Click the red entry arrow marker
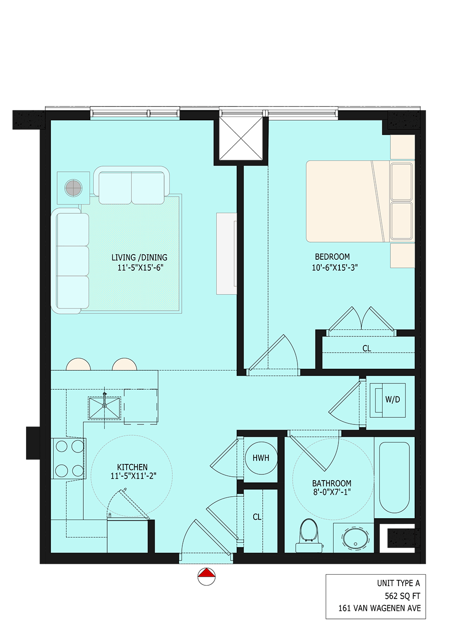pyautogui.click(x=207, y=573)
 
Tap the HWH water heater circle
pyautogui.click(x=261, y=458)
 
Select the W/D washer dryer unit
pyautogui.click(x=388, y=400)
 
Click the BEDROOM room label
pyautogui.click(x=332, y=257)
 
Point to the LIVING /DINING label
pyautogui.click(x=139, y=257)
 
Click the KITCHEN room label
pyautogui.click(x=132, y=467)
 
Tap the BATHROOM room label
pyautogui.click(x=332, y=483)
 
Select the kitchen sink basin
pyautogui.click(x=105, y=408)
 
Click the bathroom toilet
pyautogui.click(x=309, y=535)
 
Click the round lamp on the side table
pyautogui.click(x=74, y=188)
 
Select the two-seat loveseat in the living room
pyautogui.click(x=131, y=186)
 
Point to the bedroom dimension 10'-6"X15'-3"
pyautogui.click(x=335, y=267)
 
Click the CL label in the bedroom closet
pyautogui.click(x=367, y=348)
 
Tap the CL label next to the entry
pyautogui.click(x=257, y=517)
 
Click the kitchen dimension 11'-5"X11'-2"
pyautogui.click(x=133, y=476)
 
